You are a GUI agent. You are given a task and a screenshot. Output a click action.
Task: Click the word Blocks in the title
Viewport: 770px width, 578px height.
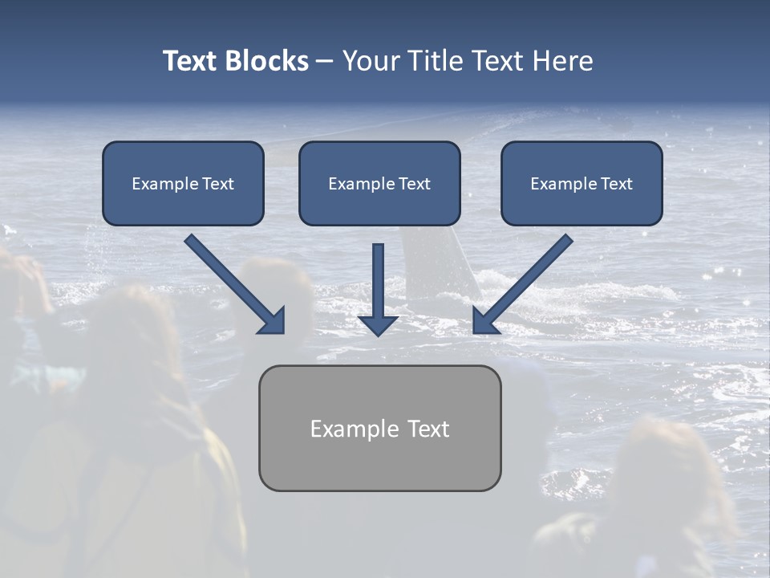click(268, 61)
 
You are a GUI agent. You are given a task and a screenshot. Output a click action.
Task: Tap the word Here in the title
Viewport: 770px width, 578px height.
click(561, 61)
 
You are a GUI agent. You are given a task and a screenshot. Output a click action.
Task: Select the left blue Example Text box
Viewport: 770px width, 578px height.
click(183, 184)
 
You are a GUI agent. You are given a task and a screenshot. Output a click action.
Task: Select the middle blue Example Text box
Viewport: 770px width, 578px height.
click(379, 184)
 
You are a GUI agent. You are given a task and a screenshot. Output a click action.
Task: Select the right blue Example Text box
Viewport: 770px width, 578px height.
click(582, 184)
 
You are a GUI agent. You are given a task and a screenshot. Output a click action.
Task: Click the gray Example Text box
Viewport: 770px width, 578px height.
click(379, 428)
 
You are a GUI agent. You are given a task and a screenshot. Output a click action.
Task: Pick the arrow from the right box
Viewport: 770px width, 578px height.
click(525, 281)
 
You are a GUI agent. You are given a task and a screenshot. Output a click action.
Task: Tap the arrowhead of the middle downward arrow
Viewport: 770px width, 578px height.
click(378, 324)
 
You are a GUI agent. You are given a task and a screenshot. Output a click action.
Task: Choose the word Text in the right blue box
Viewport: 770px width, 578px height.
click(616, 184)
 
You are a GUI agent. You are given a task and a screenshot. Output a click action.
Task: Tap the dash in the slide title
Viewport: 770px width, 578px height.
click(325, 62)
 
